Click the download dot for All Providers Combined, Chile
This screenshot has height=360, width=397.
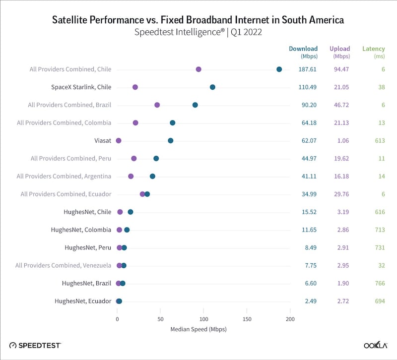point(279,69)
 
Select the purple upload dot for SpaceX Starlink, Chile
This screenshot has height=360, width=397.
point(135,87)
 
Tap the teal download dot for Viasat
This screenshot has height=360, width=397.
point(171,141)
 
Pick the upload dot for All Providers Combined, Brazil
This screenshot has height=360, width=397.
point(157,105)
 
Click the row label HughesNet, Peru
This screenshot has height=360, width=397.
point(88,247)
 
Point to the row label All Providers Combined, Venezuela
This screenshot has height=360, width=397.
point(63,265)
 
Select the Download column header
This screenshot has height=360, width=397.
point(303,49)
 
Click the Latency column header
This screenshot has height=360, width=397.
point(374,49)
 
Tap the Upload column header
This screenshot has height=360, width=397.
point(340,49)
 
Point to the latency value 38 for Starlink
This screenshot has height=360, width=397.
point(382,87)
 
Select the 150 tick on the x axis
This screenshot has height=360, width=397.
point(247,319)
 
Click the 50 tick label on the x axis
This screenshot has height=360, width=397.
point(160,319)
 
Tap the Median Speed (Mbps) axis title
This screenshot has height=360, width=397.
point(198,329)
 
